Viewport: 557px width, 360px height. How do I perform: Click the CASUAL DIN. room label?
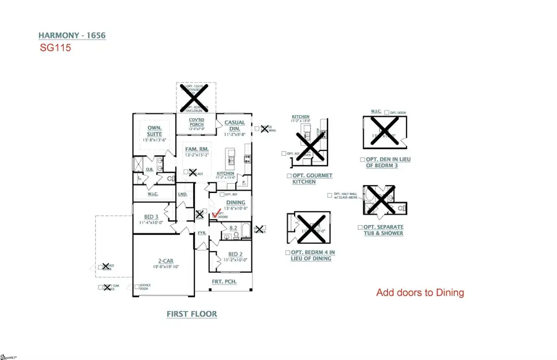(x=235, y=126)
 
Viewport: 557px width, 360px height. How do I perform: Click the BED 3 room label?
(x=152, y=216)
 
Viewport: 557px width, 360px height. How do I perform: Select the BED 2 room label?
(x=235, y=254)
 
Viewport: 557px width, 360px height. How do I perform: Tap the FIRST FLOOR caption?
(x=192, y=314)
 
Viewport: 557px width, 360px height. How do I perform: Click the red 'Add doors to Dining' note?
(x=420, y=293)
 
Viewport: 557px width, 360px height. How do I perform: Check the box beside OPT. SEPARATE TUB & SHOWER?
(x=361, y=227)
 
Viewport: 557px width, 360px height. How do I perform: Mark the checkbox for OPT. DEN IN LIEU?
(x=360, y=159)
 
